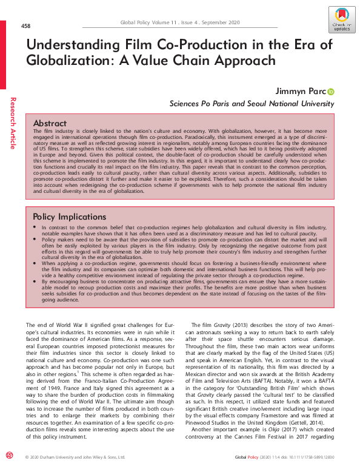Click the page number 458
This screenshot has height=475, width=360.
pos(26,26)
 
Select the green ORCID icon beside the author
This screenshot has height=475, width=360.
pos(331,92)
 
